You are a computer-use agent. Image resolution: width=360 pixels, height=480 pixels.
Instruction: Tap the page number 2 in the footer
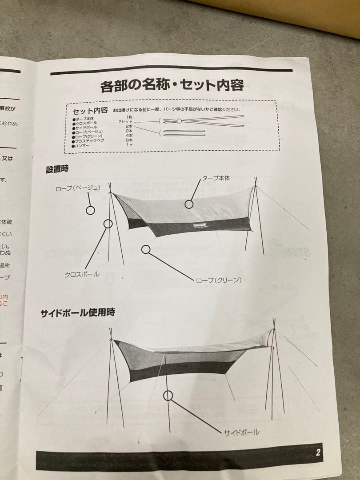pyautogui.click(x=318, y=453)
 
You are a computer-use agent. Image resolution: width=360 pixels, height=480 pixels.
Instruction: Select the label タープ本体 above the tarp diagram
pyautogui.click(x=216, y=178)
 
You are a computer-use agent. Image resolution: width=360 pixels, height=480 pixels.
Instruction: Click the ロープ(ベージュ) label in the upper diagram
pyautogui.click(x=78, y=188)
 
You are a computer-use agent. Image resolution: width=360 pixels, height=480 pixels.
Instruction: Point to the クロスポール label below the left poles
pyautogui.click(x=82, y=274)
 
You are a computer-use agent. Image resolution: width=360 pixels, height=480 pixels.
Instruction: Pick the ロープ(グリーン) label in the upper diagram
pyautogui.click(x=218, y=280)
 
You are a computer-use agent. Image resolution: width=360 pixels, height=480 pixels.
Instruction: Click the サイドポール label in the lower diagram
pyautogui.click(x=242, y=432)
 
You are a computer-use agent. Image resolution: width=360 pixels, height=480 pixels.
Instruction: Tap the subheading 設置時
pyautogui.click(x=57, y=169)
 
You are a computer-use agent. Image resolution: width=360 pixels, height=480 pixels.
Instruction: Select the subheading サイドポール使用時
pyautogui.click(x=78, y=313)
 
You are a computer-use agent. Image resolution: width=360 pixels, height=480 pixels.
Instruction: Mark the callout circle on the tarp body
pyautogui.click(x=189, y=204)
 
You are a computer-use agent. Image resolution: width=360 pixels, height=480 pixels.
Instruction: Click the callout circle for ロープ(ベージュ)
pyautogui.click(x=90, y=210)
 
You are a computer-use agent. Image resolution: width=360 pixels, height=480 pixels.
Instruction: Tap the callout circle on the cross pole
pyautogui.click(x=108, y=224)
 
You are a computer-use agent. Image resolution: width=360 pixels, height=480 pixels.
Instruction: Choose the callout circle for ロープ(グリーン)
pyautogui.click(x=145, y=249)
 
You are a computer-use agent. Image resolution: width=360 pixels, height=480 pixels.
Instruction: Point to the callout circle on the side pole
pyautogui.click(x=168, y=394)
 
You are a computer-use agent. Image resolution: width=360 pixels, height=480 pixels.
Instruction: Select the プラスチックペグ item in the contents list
pyautogui.click(x=91, y=140)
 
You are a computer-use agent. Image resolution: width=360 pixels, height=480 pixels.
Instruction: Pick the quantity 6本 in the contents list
pyautogui.click(x=129, y=140)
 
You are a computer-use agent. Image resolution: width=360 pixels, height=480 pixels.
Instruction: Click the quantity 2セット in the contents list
pyautogui.click(x=126, y=121)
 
